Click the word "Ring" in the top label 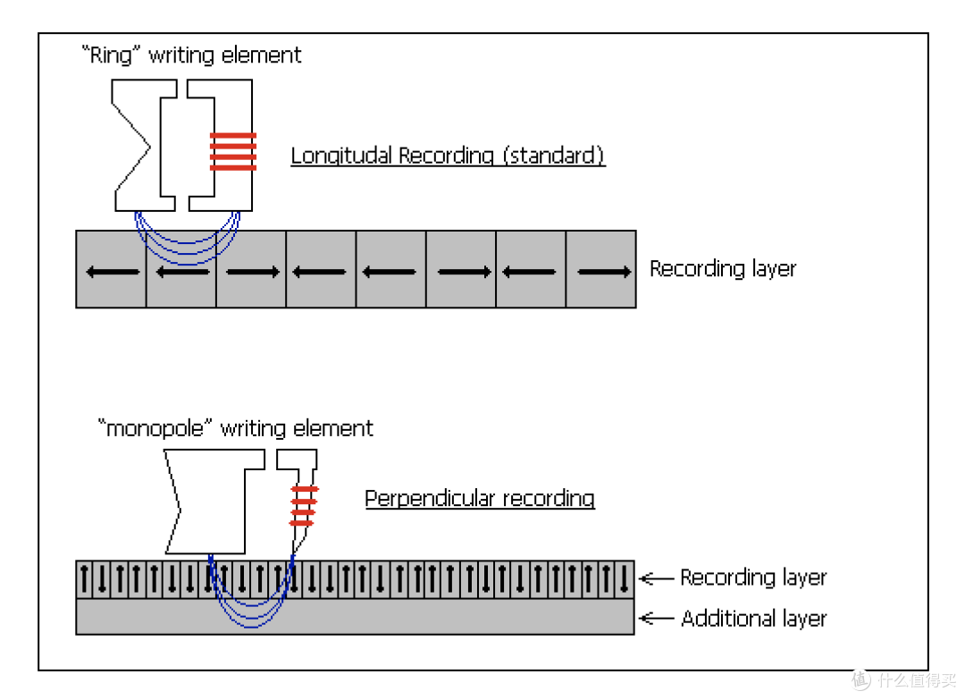(111, 55)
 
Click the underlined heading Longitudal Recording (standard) (448, 156)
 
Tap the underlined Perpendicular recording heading (480, 499)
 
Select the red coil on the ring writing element (232, 151)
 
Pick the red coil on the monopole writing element (304, 506)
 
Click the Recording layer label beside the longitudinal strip (723, 269)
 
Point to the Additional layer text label (754, 618)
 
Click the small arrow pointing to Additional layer (657, 618)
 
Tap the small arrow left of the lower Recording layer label (657, 578)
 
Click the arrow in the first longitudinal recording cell (113, 272)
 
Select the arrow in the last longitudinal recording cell (604, 272)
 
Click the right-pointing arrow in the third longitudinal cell (253, 272)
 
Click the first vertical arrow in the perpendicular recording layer (84, 578)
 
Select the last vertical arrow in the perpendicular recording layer (624, 578)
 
